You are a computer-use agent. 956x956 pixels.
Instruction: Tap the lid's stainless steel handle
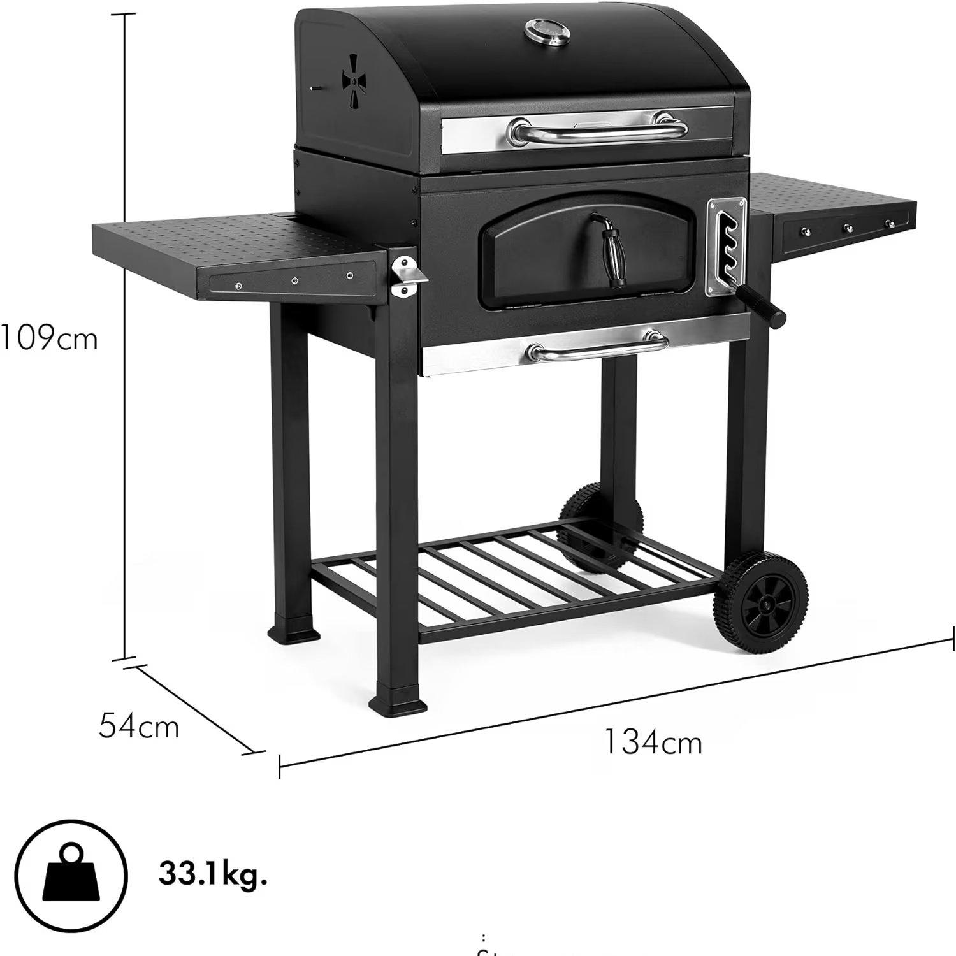(597, 132)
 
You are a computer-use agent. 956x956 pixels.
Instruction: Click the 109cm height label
(50, 338)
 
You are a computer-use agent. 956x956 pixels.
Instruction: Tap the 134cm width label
(652, 742)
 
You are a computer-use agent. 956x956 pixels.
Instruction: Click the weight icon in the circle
(72, 874)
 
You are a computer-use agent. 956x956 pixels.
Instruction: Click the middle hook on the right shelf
(848, 228)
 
